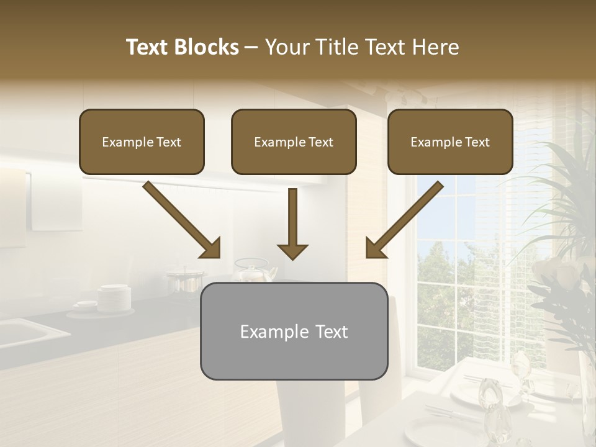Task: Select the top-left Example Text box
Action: [x=142, y=142]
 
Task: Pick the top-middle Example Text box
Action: [x=294, y=142]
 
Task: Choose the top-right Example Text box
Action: [x=450, y=142]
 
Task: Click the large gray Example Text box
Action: [x=294, y=331]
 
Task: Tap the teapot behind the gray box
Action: [x=255, y=272]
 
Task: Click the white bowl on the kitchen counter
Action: [x=115, y=297]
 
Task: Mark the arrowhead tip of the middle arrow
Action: [x=293, y=258]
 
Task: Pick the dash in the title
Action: [x=251, y=48]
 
